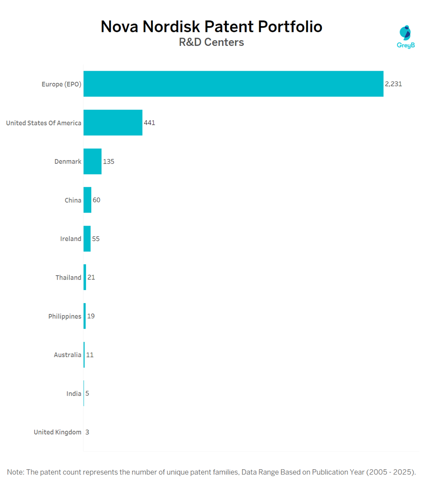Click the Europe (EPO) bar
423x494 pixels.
click(x=233, y=84)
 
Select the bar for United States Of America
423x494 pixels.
click(x=113, y=122)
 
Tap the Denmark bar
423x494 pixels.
click(x=92, y=161)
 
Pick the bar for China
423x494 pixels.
click(x=87, y=200)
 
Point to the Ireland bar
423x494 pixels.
click(x=87, y=239)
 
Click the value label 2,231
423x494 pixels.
click(x=393, y=84)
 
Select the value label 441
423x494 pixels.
click(x=149, y=122)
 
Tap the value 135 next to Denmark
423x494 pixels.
click(x=108, y=161)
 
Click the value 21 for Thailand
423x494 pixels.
click(x=91, y=277)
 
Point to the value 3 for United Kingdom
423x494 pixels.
click(x=87, y=432)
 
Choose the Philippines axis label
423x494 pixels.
click(x=65, y=317)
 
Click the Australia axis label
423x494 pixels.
click(x=67, y=355)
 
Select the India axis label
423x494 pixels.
click(x=74, y=394)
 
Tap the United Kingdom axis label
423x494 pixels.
click(x=58, y=432)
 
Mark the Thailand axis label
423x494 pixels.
click(x=68, y=278)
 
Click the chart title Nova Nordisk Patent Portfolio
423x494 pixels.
click(x=211, y=27)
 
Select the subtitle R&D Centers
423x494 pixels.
click(x=211, y=42)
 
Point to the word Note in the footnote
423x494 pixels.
click(x=15, y=472)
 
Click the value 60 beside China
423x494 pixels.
click(x=96, y=200)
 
